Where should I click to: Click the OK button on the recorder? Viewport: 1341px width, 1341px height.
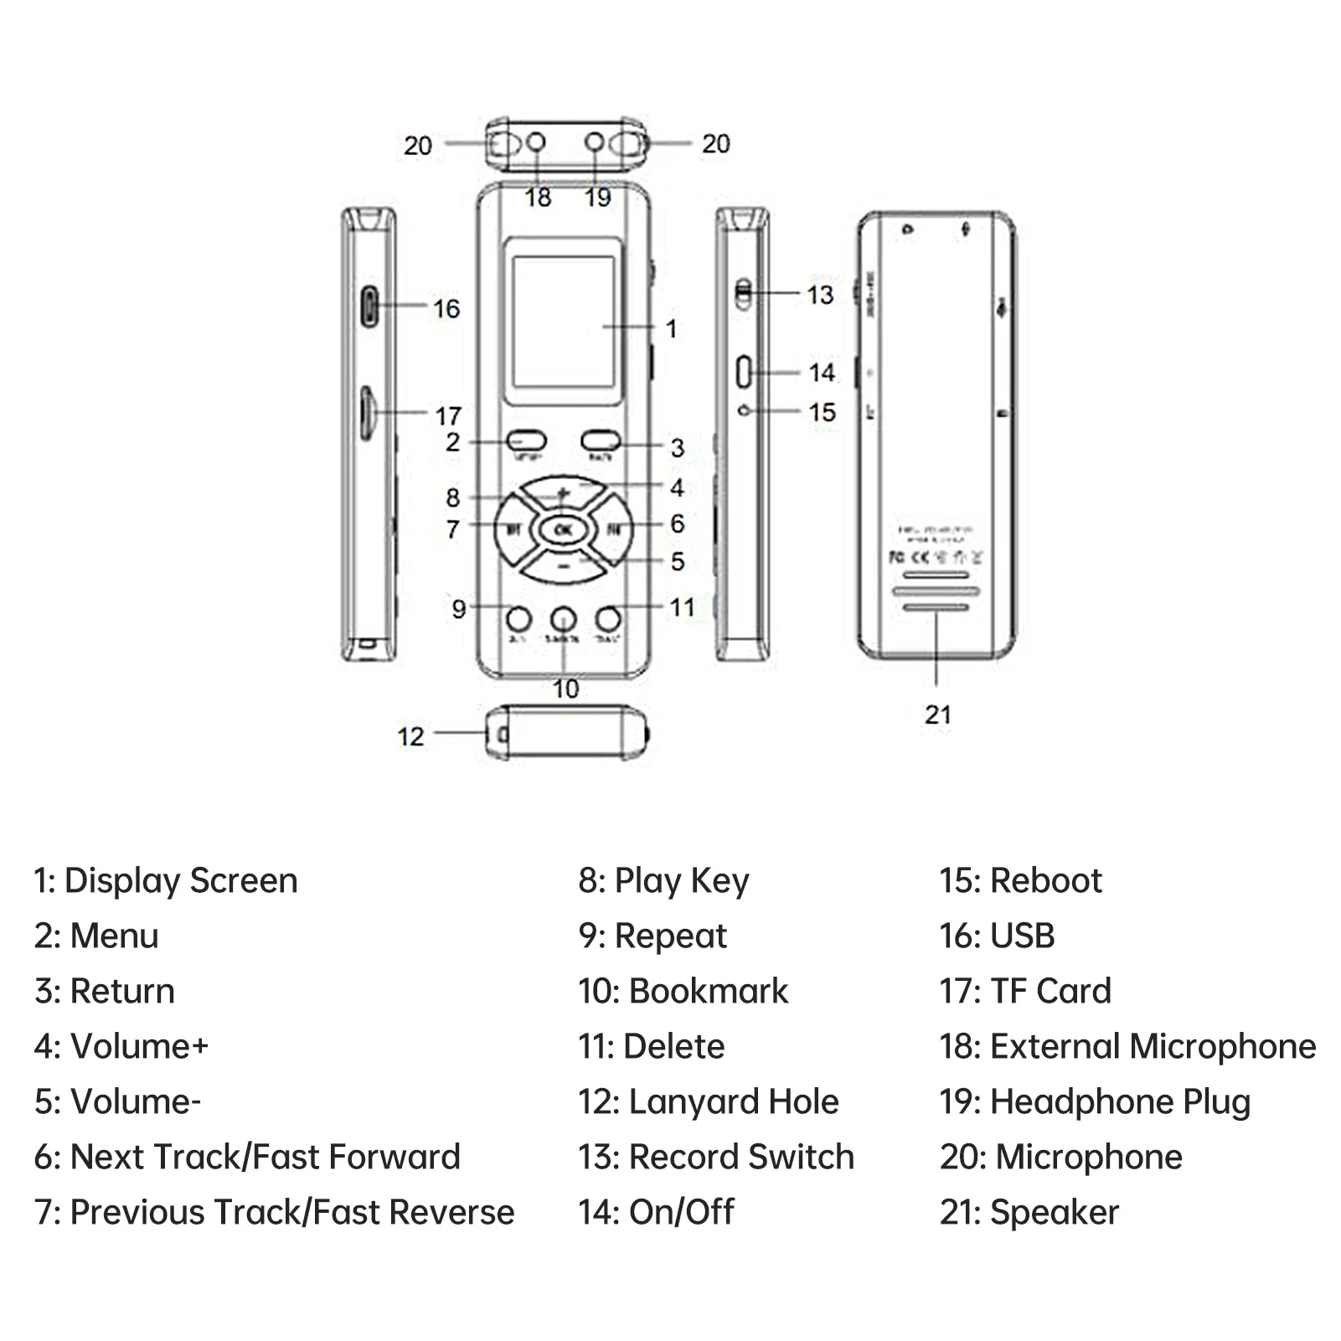(563, 529)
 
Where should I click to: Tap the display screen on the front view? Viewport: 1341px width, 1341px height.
(563, 322)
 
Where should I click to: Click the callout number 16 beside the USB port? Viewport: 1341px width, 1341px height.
(446, 309)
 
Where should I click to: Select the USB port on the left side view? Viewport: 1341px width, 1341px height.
(369, 306)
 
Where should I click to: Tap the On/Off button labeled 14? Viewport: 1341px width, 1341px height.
(744, 372)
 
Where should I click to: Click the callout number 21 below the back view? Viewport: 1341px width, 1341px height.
(937, 714)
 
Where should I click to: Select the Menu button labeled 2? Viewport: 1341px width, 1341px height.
(527, 441)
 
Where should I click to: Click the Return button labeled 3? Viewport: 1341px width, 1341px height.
(601, 441)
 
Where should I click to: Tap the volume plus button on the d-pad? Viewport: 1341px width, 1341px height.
(563, 492)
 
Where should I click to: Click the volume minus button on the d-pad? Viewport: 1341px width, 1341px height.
(563, 567)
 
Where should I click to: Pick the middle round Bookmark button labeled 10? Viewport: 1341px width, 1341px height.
(564, 620)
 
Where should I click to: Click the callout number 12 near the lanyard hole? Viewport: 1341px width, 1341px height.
(410, 736)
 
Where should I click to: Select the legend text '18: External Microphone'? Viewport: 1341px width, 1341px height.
(1127, 1047)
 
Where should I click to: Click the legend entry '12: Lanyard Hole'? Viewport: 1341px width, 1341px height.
(708, 1102)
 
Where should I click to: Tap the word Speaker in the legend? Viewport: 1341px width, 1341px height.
(1055, 1213)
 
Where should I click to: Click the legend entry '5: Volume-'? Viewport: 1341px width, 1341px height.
(117, 1102)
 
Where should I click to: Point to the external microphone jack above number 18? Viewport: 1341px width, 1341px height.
(536, 143)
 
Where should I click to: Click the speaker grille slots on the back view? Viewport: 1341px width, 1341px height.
(936, 591)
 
